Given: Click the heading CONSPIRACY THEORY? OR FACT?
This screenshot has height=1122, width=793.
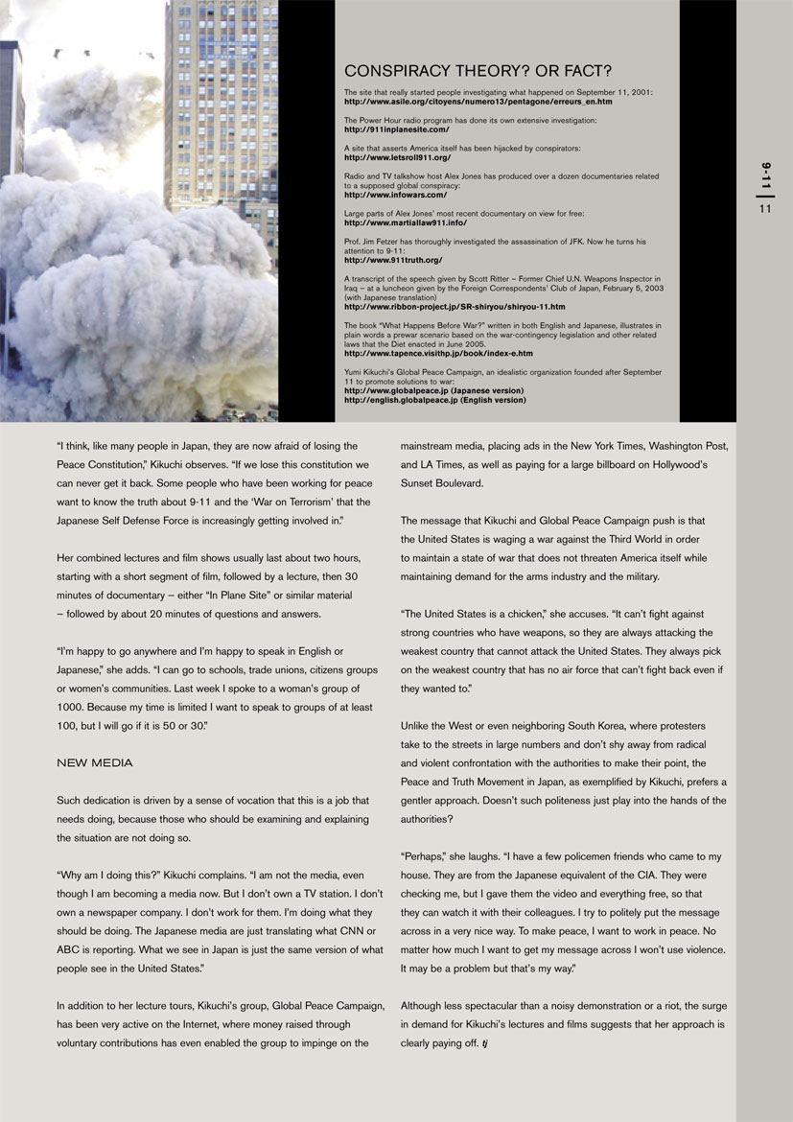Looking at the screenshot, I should pos(478,71).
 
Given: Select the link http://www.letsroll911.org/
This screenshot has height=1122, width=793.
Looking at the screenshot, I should pos(397,156).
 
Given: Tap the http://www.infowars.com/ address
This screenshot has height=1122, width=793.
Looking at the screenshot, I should pos(395,195).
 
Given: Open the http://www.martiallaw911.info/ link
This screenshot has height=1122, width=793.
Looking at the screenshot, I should pos(405,222).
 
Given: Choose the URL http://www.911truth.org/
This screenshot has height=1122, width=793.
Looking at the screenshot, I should pos(393,259).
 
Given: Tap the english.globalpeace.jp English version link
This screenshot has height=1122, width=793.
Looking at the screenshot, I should pos(434,400).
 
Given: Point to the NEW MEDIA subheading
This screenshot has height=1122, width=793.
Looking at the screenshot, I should pos(95,762).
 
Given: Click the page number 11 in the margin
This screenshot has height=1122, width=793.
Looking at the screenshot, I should pos(765,209).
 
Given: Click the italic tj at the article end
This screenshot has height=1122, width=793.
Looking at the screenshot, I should pos(485,1042).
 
